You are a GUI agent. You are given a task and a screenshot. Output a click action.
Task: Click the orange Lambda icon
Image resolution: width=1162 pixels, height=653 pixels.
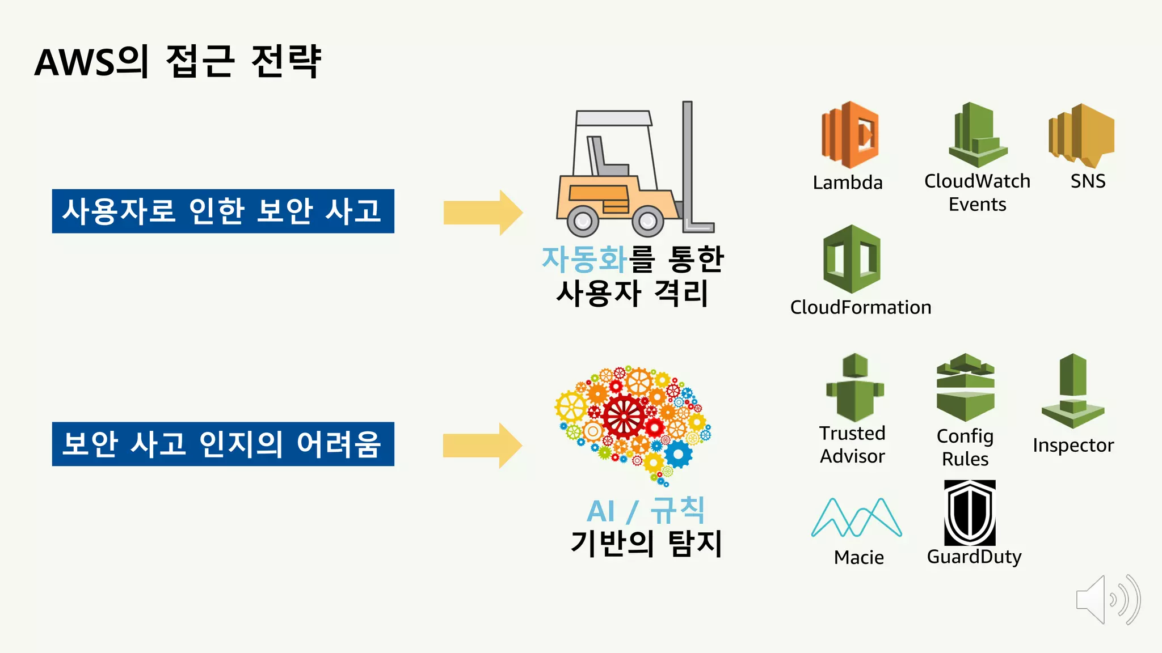[x=849, y=135]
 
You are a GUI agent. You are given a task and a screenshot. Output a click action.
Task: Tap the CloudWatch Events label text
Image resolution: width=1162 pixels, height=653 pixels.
[x=977, y=192]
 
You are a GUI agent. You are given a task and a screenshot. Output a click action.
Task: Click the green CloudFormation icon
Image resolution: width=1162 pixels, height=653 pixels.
[x=851, y=259]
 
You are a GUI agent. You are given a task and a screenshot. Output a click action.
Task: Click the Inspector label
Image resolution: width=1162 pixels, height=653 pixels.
[x=1072, y=446]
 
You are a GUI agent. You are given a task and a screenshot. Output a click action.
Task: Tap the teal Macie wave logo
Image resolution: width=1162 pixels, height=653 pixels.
[x=856, y=518]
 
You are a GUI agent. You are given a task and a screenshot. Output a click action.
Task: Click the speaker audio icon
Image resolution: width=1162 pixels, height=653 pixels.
[x=1107, y=600]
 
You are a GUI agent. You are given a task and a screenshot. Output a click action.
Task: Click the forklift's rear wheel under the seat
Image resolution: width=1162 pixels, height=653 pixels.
[x=583, y=221]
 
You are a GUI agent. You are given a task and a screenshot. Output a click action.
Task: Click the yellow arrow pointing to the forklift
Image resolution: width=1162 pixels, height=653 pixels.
[x=482, y=213]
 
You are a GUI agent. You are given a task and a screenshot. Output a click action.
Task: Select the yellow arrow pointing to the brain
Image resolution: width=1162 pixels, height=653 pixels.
[x=482, y=446]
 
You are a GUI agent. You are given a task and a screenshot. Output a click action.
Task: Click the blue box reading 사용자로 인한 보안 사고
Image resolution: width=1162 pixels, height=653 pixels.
[x=223, y=211]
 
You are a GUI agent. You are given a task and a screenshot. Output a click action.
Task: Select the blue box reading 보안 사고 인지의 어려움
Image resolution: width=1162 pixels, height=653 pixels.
[x=223, y=444]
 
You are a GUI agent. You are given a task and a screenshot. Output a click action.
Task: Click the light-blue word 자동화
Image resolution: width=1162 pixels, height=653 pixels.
[x=584, y=260]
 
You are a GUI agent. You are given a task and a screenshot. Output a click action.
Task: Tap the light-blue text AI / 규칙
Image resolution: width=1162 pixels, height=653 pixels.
[x=645, y=511]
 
